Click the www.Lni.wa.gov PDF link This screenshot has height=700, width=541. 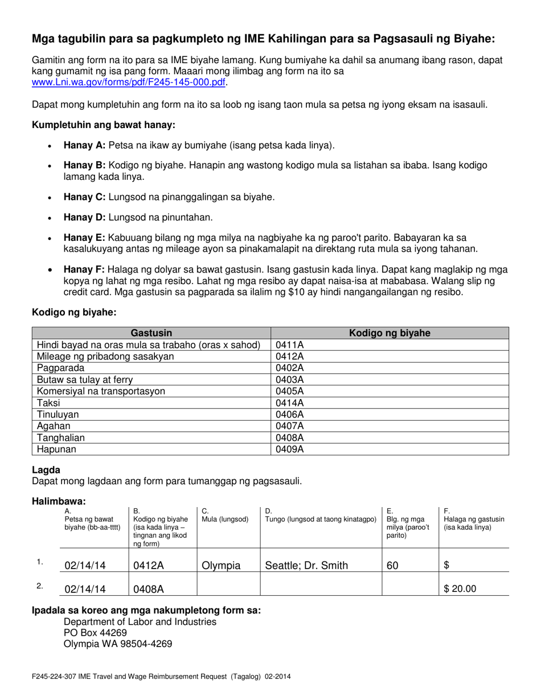tap(129, 83)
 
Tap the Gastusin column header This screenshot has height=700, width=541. tap(151, 333)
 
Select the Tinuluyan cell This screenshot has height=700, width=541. tap(58, 415)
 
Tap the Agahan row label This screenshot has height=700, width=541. tap(54, 426)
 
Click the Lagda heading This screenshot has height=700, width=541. tap(46, 470)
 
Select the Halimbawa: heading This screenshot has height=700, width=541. tap(59, 501)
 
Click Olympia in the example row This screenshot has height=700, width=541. tap(222, 566)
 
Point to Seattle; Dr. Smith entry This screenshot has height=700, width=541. tap(306, 566)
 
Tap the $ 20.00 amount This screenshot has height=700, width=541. tap(460, 589)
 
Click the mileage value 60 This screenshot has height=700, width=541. tap(393, 566)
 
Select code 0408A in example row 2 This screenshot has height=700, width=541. tap(149, 589)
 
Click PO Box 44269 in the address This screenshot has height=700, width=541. tap(95, 633)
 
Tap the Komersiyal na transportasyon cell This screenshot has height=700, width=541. tap(101, 392)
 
